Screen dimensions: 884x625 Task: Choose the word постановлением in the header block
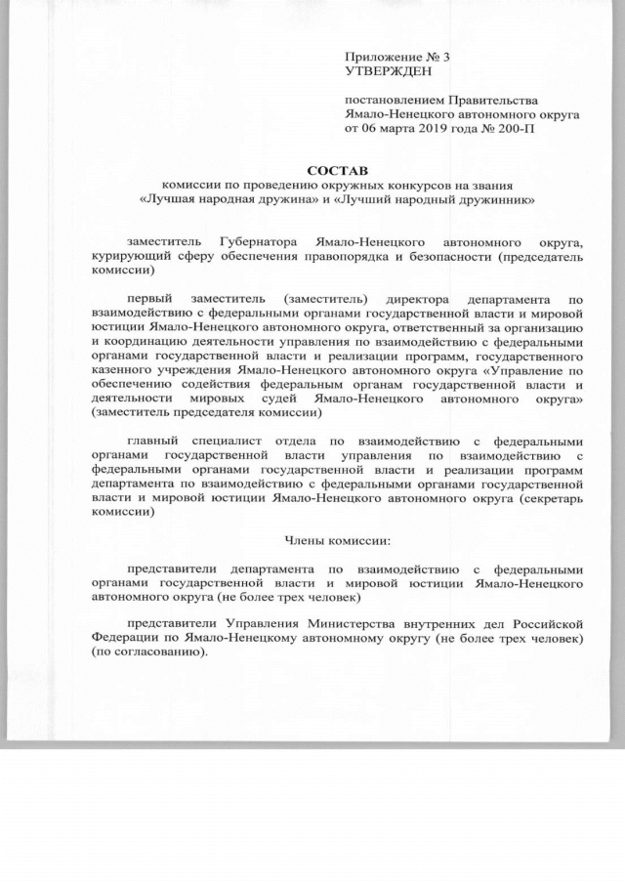click(394, 100)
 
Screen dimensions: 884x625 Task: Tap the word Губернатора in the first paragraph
click(260, 241)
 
